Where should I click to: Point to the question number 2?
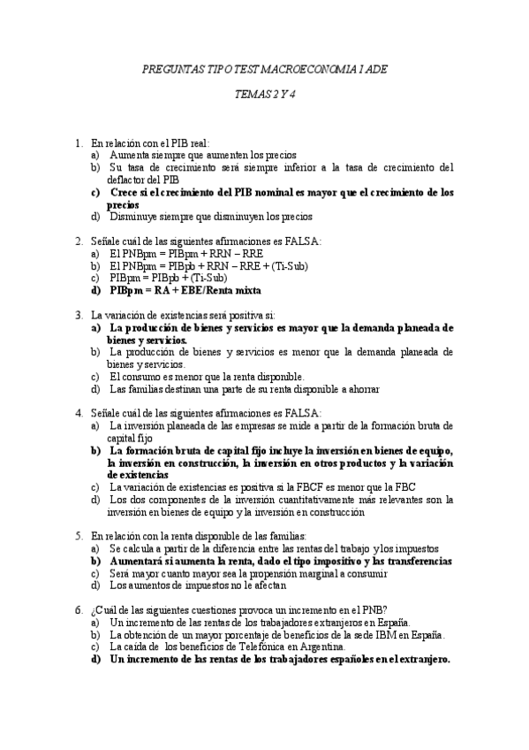pyautogui.click(x=79, y=241)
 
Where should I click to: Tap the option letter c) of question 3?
pyautogui.click(x=94, y=376)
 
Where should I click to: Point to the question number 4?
pyautogui.click(x=79, y=412)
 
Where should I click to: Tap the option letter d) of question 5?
pyautogui.click(x=94, y=585)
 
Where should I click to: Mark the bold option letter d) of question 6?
pyautogui.click(x=95, y=659)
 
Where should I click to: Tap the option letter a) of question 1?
pyautogui.click(x=94, y=154)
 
